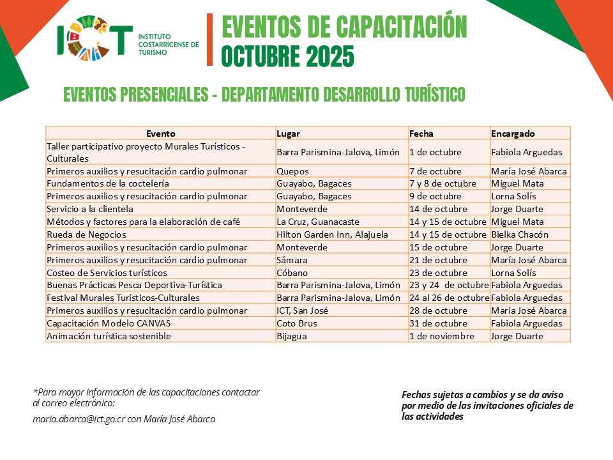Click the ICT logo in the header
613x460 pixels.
click(95, 40)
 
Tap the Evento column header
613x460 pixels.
click(160, 134)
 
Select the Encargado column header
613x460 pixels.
click(513, 134)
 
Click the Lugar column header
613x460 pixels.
click(289, 134)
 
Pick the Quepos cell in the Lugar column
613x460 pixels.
click(292, 171)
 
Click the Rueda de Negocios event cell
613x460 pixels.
click(87, 234)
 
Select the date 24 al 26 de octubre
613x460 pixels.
click(449, 298)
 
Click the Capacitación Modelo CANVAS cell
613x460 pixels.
click(109, 323)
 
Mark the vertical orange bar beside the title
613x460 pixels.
click(209, 40)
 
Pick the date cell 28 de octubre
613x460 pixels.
click(438, 310)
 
